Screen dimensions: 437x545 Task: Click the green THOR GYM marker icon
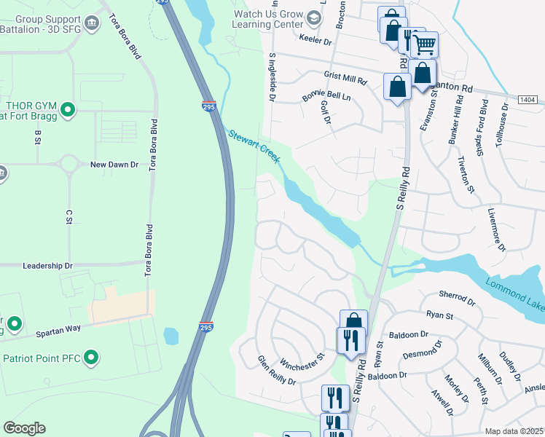coord(68,110)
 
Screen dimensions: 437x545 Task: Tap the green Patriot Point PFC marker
coord(91,357)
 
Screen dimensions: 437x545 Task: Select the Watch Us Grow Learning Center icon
coord(314,17)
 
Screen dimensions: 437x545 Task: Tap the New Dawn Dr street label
coord(114,165)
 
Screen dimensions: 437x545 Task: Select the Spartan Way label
coord(59,333)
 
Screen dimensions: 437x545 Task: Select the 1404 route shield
coord(528,98)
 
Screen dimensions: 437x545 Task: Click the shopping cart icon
coord(424,45)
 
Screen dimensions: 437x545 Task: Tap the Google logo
coord(24,428)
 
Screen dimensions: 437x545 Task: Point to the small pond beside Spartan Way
coord(170,336)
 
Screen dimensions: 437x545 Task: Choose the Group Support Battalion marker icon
coord(93,24)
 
